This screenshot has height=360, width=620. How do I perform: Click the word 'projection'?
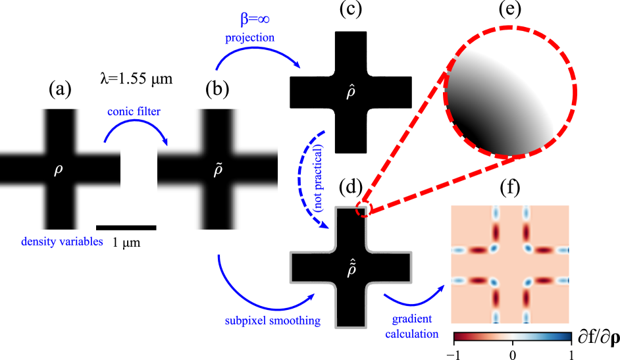[x=249, y=38]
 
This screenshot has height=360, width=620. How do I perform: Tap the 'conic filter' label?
[x=134, y=111]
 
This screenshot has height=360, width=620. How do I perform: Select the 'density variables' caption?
[x=62, y=242]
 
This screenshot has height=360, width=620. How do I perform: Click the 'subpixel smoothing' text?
[x=272, y=321]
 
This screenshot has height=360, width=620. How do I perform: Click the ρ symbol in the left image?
[x=58, y=170]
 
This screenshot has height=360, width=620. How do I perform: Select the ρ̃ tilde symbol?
[x=219, y=170]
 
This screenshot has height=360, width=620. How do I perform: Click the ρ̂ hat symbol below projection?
[x=351, y=92]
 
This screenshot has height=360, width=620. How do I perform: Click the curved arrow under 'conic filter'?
[x=135, y=130]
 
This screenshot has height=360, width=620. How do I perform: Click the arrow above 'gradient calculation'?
[x=414, y=297]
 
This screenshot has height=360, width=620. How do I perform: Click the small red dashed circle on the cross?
[x=363, y=209]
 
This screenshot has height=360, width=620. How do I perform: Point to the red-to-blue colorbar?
[x=513, y=336]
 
